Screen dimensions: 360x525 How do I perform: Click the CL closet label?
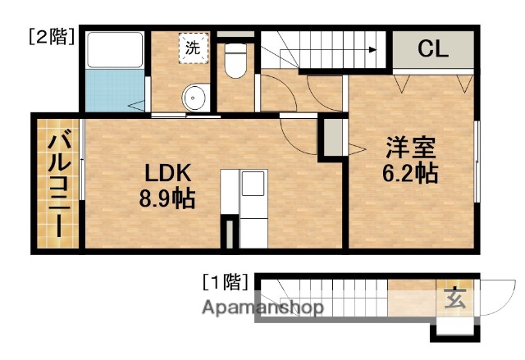click(x=433, y=48)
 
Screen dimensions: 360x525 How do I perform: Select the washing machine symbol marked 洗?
click(x=193, y=48)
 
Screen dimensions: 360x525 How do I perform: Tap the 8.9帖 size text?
click(x=167, y=198)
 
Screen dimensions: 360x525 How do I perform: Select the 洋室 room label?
click(x=410, y=150)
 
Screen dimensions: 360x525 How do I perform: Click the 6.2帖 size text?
click(x=409, y=174)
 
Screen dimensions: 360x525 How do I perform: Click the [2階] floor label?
click(x=50, y=35)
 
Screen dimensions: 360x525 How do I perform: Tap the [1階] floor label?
click(x=224, y=283)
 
